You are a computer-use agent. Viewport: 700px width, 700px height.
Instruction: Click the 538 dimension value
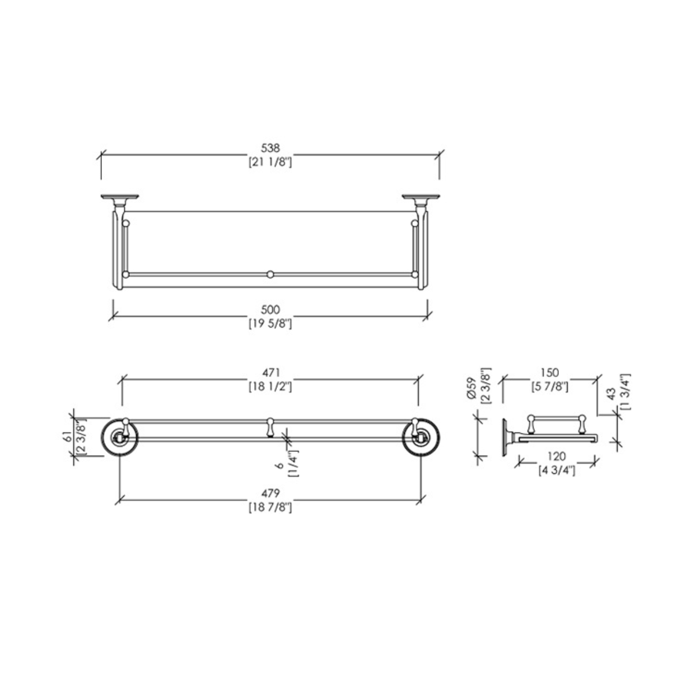coord(270,148)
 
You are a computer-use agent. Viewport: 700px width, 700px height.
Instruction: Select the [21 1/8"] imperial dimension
coord(270,162)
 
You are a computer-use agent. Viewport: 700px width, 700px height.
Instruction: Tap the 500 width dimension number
coord(270,310)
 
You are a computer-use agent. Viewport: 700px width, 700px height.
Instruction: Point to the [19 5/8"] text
coord(270,323)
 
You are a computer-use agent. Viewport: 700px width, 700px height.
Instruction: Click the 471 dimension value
coord(270,373)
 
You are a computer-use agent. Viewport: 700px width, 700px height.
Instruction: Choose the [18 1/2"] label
coord(270,386)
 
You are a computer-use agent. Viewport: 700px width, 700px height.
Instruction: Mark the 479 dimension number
coord(270,493)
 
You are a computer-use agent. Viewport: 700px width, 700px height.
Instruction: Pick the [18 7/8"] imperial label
coord(270,507)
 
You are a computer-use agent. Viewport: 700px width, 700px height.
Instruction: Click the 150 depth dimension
coord(549,373)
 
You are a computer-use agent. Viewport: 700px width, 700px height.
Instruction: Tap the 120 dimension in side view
coord(557,456)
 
